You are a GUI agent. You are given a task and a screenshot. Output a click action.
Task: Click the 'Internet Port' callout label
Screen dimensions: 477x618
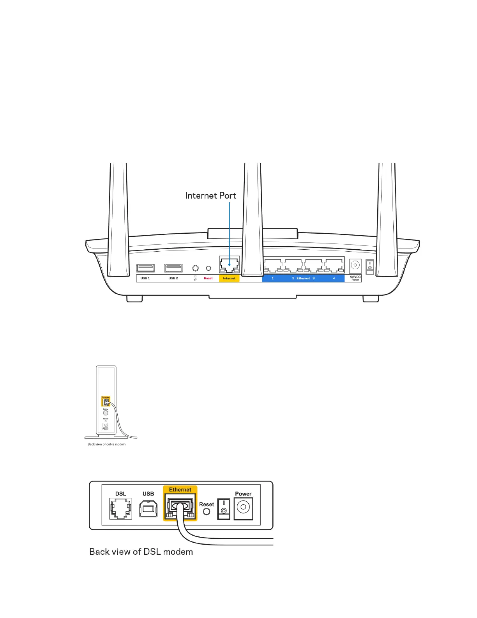[x=210, y=195]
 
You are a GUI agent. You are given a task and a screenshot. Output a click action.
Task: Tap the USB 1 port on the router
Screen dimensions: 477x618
[x=145, y=268]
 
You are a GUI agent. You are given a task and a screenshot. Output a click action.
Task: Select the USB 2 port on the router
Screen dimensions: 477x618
[x=173, y=268]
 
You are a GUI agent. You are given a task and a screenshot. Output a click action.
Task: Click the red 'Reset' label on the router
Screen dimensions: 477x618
[x=208, y=278]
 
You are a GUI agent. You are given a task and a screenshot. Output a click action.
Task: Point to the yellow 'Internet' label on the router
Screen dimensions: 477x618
[x=229, y=278]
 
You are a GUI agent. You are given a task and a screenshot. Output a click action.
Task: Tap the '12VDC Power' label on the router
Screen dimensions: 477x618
[x=355, y=278]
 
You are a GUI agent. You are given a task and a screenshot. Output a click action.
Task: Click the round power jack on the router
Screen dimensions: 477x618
[x=355, y=265]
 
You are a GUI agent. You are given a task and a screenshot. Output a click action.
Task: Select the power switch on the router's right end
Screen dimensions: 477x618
[x=370, y=266]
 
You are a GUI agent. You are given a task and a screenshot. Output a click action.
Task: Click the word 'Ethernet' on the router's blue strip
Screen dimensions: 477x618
[x=303, y=278]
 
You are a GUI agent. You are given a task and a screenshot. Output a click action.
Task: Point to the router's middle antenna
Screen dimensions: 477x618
[x=253, y=218]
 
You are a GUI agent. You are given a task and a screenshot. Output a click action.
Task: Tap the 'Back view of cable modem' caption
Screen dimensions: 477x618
[x=106, y=444]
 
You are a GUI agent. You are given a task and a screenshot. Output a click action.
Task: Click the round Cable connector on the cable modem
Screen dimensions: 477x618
[x=106, y=413]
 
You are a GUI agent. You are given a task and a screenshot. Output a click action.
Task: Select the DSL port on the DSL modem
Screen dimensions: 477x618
[x=121, y=508]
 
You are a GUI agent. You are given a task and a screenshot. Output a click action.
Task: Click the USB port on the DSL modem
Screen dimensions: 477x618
[x=148, y=509]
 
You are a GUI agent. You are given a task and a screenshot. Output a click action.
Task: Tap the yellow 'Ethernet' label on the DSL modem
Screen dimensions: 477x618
[x=180, y=490]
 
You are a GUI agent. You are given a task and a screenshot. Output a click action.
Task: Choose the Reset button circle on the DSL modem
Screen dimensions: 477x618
[x=207, y=511]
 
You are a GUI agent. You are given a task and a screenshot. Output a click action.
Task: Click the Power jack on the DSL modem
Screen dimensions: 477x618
[x=243, y=508]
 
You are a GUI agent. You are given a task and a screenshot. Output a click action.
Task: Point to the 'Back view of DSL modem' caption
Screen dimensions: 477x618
[x=141, y=552]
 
